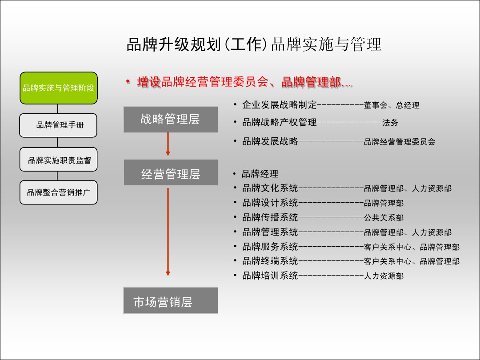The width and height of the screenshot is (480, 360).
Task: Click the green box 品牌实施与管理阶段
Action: [59, 88]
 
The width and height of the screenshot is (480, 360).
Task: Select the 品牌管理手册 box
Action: [58, 125]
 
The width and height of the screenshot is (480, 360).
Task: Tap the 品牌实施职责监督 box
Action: [59, 160]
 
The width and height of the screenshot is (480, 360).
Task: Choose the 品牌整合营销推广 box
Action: [59, 192]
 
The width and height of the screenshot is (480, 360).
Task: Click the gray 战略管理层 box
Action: [171, 120]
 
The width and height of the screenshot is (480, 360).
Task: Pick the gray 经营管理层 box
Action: [171, 172]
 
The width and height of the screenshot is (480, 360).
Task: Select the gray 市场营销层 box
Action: [171, 300]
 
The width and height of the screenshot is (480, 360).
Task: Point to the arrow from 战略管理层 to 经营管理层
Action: [168, 144]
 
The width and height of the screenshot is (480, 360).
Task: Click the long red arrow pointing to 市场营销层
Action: [168, 232]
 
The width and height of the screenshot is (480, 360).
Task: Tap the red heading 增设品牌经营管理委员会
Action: [203, 82]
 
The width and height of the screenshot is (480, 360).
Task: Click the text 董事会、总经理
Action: [392, 105]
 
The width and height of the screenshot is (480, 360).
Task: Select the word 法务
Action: [390, 123]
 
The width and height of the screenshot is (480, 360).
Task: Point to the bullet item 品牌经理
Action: [260, 174]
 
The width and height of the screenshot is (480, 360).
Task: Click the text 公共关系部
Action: [384, 218]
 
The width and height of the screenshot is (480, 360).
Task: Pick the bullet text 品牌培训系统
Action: [270, 276]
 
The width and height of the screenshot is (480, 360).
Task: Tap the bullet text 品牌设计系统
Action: [270, 203]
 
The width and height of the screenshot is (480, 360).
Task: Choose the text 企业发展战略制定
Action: [280, 105]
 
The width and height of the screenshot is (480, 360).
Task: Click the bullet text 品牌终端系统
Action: [270, 261]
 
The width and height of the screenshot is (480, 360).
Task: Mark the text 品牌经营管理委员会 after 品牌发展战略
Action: [400, 142]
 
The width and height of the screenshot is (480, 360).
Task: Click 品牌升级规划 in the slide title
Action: [174, 44]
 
